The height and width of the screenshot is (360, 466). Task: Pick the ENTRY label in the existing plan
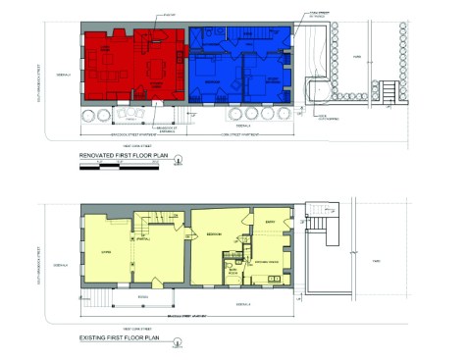coord(268,223)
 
